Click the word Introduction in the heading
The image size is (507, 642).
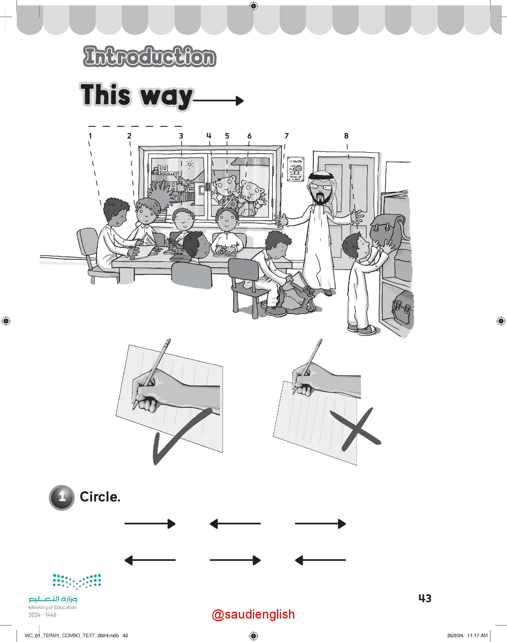(x=150, y=56)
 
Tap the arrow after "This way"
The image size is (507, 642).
(x=218, y=100)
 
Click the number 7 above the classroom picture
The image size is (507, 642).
(x=286, y=136)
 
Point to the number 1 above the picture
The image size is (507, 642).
(x=90, y=136)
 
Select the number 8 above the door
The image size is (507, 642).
(x=346, y=136)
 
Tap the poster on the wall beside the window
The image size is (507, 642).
(x=295, y=169)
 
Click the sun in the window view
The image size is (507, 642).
(x=190, y=164)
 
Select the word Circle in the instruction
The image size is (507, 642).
(x=100, y=497)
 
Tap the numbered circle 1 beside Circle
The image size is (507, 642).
(x=62, y=497)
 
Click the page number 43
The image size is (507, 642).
(x=425, y=598)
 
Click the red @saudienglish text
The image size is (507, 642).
(x=253, y=614)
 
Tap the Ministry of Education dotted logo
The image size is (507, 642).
(x=77, y=582)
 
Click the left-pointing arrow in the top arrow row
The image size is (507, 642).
(x=235, y=524)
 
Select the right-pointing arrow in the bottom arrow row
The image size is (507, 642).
(x=235, y=560)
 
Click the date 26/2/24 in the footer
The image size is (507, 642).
(x=455, y=635)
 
